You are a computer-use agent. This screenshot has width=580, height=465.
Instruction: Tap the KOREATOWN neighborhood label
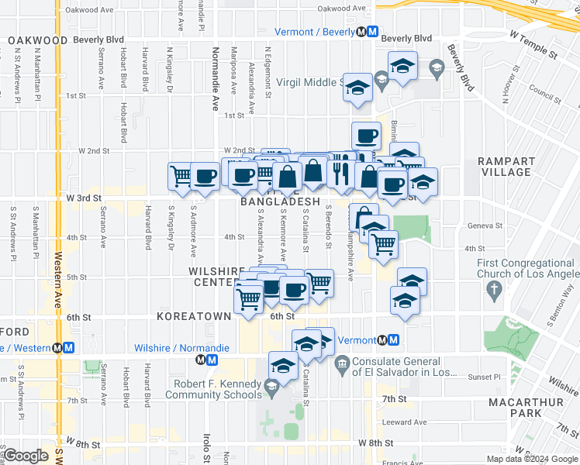(194, 316)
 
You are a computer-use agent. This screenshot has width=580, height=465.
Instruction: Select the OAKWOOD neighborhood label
(37, 40)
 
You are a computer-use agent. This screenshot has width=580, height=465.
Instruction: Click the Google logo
(26, 456)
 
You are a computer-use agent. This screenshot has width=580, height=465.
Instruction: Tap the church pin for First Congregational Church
(493, 291)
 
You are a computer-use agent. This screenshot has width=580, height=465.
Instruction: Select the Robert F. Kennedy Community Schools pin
(271, 385)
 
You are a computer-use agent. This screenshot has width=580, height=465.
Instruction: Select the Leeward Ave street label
(409, 422)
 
